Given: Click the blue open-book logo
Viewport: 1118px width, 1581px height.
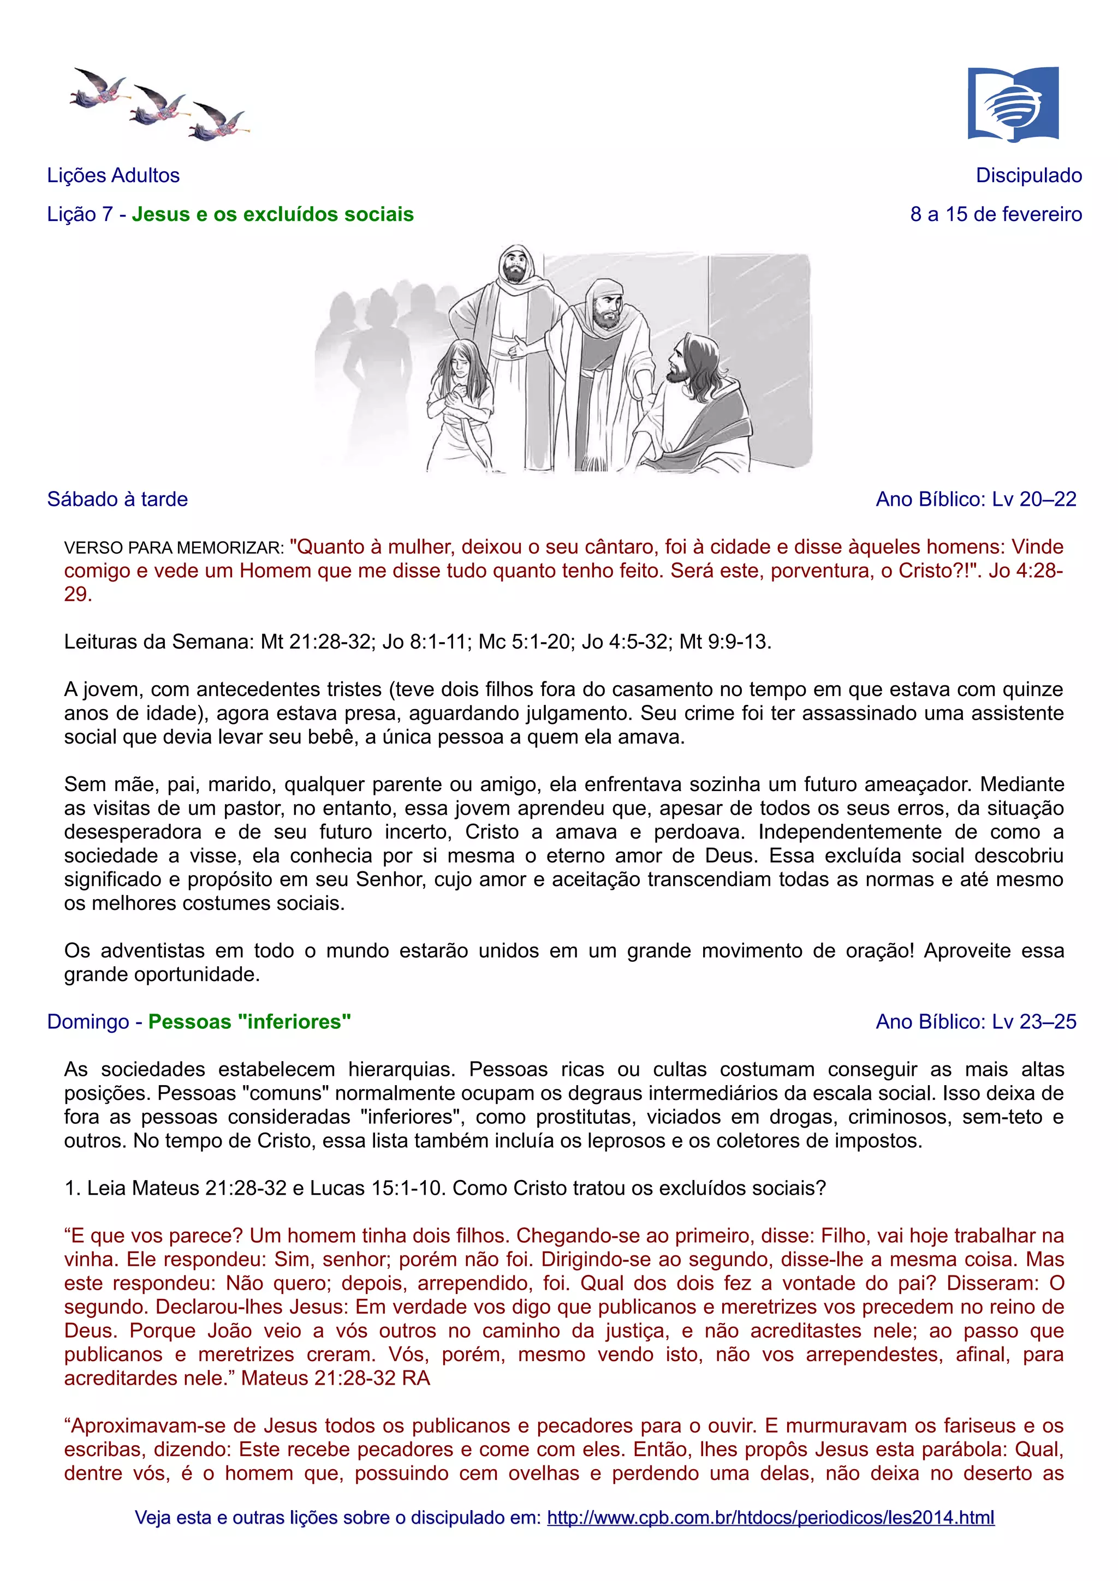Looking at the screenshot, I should point(1013,104).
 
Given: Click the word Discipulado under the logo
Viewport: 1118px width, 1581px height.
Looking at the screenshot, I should point(1028,176).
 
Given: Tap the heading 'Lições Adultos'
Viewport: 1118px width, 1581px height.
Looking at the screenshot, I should point(113,176).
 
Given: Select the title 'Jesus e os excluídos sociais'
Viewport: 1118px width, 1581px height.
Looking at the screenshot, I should point(273,214).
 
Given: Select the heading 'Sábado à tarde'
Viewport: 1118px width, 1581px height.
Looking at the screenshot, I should point(117,499).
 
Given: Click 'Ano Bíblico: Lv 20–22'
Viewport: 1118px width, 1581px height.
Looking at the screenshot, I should point(976,499).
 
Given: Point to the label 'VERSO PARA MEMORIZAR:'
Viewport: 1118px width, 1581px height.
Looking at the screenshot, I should point(174,548).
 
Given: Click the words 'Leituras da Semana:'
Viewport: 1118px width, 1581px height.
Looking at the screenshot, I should point(159,642).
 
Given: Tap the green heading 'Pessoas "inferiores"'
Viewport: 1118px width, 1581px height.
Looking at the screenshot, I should point(249,1022).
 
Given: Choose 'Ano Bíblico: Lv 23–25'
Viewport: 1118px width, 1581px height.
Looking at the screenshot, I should point(976,1022).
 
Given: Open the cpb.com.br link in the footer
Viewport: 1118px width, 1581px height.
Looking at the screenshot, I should point(770,1518).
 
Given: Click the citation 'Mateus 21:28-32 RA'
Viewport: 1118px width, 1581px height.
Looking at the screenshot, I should point(336,1378).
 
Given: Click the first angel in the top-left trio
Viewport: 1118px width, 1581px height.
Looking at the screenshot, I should point(98,89).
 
